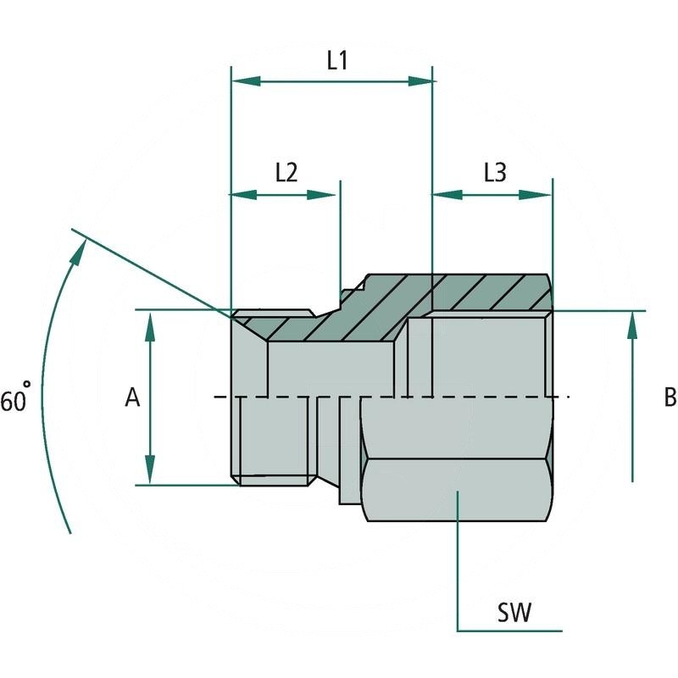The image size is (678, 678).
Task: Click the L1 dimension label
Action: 338,60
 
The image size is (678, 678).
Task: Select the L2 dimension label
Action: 286,172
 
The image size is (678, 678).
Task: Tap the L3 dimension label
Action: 495,172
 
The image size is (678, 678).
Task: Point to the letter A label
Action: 132,397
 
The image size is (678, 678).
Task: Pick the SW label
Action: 514,613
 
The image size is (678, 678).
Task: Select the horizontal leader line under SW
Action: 508,631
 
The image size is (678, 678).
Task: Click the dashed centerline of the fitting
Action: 475,397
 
